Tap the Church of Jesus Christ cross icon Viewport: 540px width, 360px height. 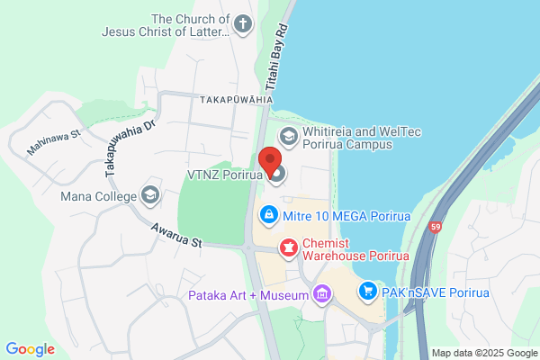(x=243, y=24)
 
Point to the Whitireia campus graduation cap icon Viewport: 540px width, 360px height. (x=289, y=138)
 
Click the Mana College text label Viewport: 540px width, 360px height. (x=98, y=196)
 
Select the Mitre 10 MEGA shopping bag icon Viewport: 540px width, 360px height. (x=267, y=215)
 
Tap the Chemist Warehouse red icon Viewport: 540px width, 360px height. (x=289, y=246)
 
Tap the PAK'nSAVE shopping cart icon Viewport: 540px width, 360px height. (x=367, y=292)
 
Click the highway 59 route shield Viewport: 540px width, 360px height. (x=436, y=229)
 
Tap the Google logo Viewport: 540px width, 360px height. (x=30, y=349)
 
